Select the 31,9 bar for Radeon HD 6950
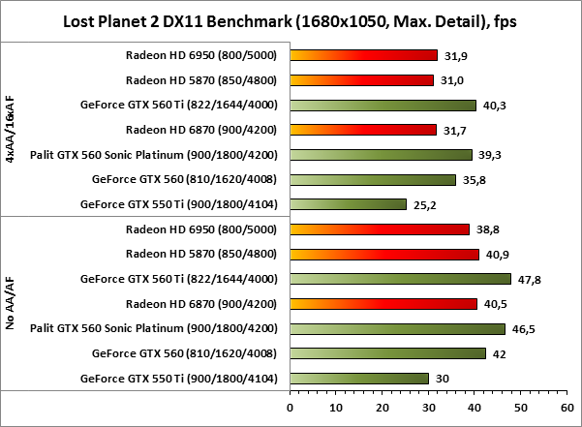click(x=363, y=55)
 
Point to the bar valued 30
click(x=358, y=378)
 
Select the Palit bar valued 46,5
click(x=397, y=328)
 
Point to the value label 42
click(x=500, y=353)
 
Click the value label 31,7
click(x=455, y=130)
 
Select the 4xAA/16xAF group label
click(x=11, y=130)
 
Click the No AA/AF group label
click(x=11, y=302)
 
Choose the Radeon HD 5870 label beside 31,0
click(x=201, y=80)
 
